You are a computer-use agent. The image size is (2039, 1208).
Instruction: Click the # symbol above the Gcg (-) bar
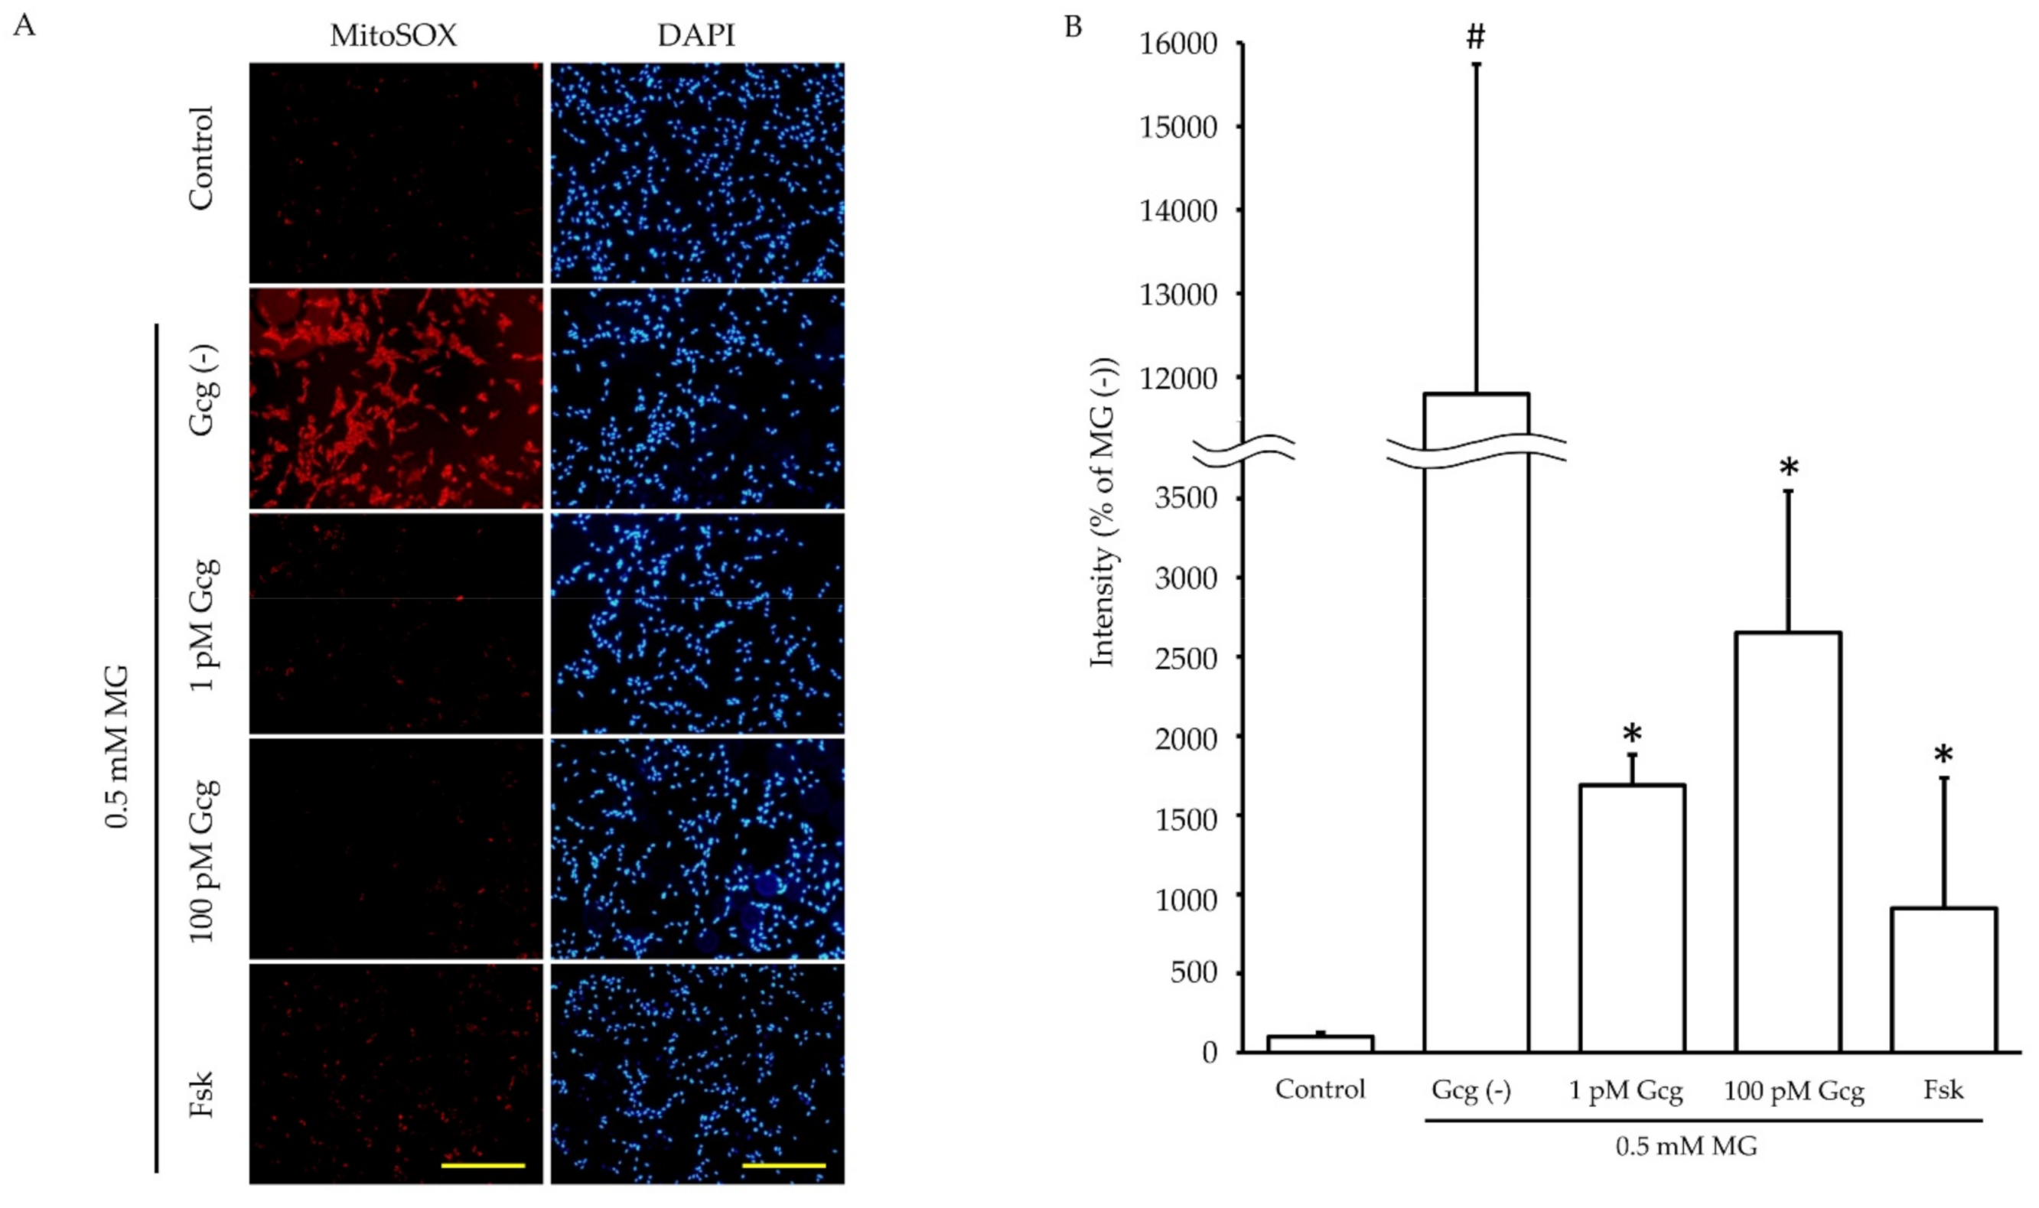[x=1476, y=37]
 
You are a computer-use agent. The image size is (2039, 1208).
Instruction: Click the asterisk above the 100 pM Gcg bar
[x=1788, y=469]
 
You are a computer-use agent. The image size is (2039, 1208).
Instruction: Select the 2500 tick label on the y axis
[x=1186, y=658]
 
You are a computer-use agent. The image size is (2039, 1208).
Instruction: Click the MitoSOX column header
[x=393, y=36]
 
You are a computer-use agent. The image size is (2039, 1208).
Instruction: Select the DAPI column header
[x=696, y=36]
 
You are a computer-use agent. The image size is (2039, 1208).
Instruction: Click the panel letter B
[x=1073, y=27]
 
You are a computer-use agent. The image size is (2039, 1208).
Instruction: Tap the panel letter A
[x=24, y=26]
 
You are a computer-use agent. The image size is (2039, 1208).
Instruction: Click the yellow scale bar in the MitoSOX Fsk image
[x=483, y=1165]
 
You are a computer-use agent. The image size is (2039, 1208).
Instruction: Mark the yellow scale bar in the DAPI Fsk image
[x=784, y=1165]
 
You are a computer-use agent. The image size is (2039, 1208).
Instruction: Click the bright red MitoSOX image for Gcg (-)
[x=396, y=399]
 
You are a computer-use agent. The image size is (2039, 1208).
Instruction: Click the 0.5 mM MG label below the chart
[x=1686, y=1147]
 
